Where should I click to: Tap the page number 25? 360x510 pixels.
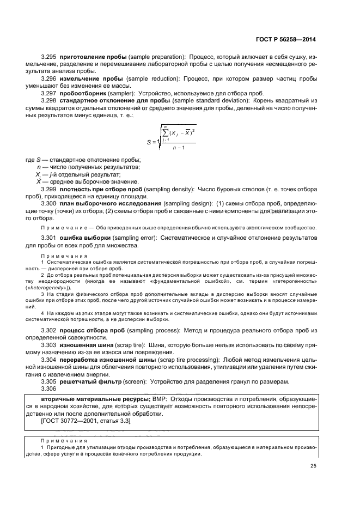[x=313, y=465]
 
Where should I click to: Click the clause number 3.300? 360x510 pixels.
[x=49, y=203]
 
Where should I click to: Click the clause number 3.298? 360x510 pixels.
[x=49, y=100]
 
